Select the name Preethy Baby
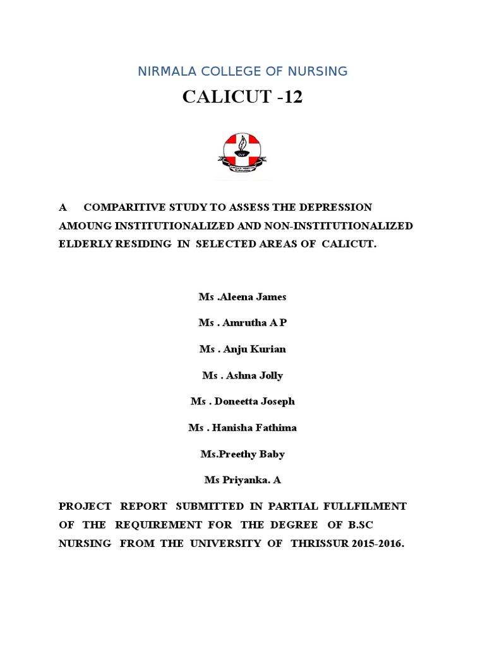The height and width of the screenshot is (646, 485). [x=253, y=454]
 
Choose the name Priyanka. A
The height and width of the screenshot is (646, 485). [x=251, y=480]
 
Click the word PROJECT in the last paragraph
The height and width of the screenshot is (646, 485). [x=85, y=506]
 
